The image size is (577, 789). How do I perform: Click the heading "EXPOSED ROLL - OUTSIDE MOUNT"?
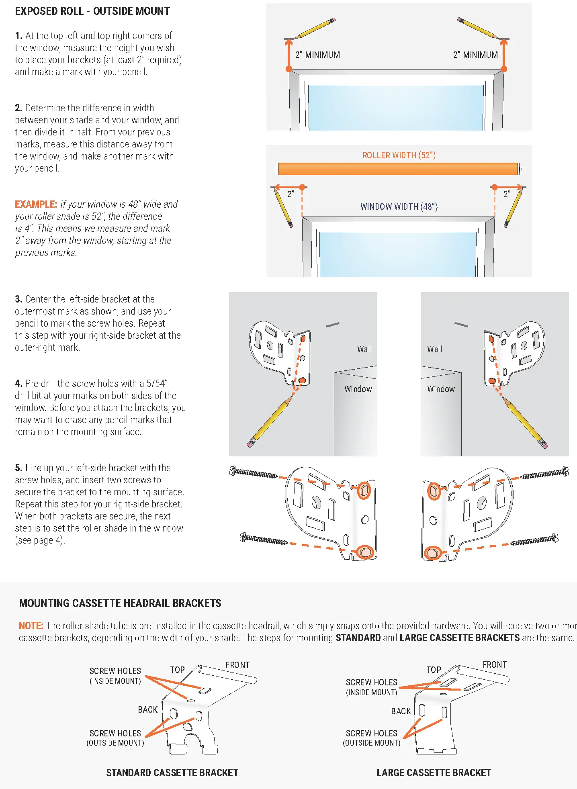[92, 11]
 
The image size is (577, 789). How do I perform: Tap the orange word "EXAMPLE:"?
[36, 204]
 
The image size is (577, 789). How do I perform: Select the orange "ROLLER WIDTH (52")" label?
[399, 155]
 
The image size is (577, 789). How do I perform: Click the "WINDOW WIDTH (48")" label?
[399, 207]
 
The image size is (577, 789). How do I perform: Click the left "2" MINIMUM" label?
[317, 55]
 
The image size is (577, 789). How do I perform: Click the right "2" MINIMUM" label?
[475, 55]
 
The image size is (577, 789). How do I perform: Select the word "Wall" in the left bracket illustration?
[364, 350]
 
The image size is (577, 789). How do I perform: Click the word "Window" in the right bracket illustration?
[441, 389]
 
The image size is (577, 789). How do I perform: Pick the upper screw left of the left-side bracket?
[254, 473]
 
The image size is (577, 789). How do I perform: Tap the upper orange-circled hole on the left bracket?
[364, 491]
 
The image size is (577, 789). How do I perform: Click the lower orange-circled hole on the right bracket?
[432, 553]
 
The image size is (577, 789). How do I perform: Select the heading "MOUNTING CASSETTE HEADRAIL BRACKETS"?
[120, 603]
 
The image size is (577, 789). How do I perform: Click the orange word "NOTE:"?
[31, 626]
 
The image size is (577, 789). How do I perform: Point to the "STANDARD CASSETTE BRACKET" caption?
[172, 773]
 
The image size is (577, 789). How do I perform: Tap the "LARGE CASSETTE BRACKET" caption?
[434, 773]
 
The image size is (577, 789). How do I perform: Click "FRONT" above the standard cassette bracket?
[237, 665]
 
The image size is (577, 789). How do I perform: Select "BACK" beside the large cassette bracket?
[401, 711]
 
